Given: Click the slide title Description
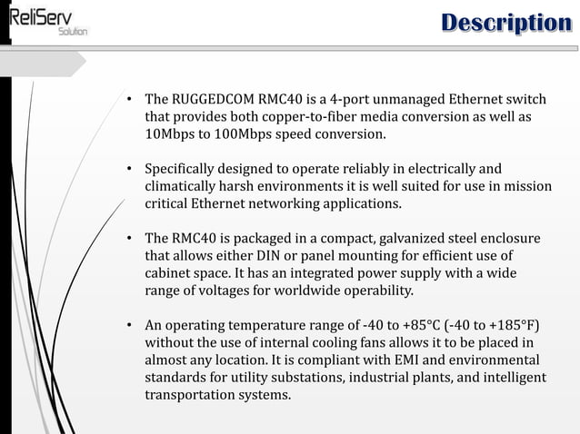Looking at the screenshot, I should (x=506, y=24).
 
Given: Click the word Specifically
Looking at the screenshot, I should (x=185, y=169).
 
